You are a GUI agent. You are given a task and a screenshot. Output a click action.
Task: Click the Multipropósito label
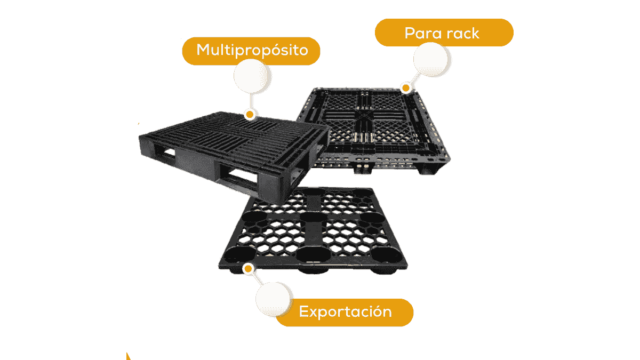251,51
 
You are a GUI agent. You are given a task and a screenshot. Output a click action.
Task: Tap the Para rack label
444,33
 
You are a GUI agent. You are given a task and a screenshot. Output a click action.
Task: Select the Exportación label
345,313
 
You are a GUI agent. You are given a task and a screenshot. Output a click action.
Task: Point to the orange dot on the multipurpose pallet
250,115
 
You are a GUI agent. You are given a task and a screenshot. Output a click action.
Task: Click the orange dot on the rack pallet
406,87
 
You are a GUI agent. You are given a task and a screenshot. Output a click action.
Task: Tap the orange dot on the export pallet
248,269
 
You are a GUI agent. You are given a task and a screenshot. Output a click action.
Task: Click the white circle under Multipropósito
251,76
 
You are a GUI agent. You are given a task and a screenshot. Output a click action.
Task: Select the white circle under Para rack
431,59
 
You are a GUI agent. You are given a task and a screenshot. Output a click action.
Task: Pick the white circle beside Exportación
274,299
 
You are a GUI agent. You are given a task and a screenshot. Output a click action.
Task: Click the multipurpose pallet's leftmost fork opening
165,153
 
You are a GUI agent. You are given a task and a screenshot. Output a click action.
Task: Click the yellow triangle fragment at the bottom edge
129,357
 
